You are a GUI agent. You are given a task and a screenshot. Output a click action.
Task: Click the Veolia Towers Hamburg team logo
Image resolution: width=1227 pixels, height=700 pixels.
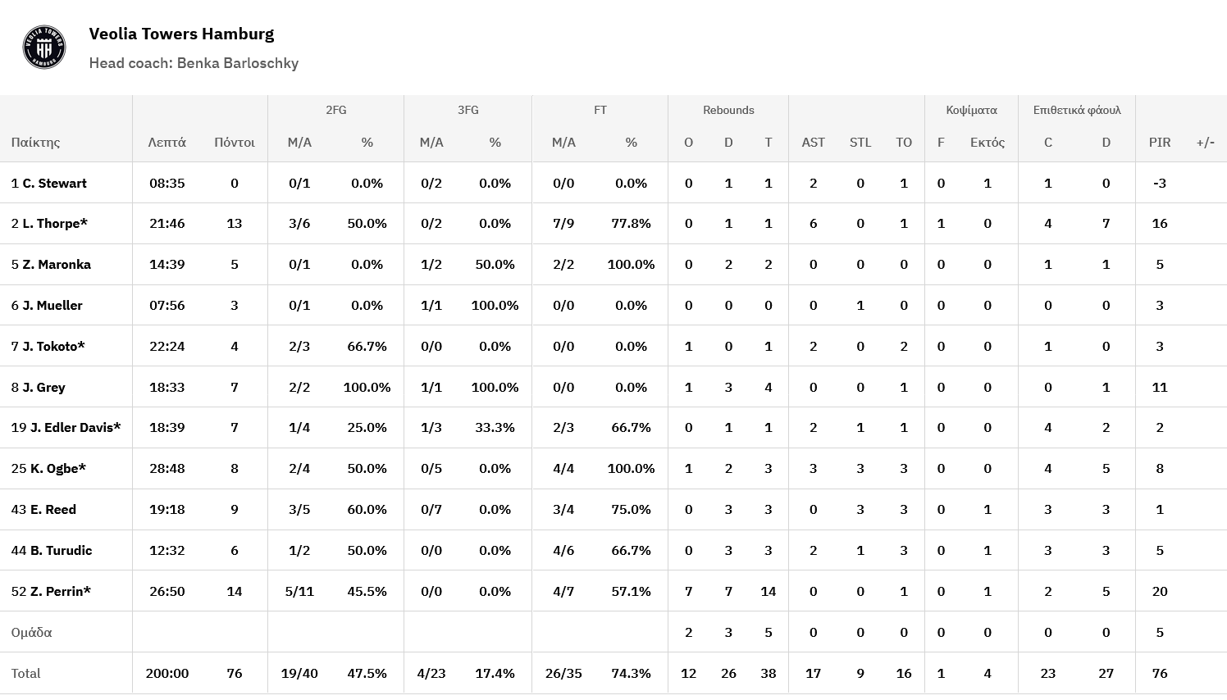43,48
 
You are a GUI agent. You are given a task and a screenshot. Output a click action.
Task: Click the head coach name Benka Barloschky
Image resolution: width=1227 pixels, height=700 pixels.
237,63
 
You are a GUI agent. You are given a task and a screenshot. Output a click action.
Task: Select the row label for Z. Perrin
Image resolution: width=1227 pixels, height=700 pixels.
51,591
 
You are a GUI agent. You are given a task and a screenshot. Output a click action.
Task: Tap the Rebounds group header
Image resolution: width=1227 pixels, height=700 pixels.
728,110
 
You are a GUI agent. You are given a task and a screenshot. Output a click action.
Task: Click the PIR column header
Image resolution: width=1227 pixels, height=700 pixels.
1159,142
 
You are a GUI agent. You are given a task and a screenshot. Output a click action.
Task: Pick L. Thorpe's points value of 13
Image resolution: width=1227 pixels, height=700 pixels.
235,223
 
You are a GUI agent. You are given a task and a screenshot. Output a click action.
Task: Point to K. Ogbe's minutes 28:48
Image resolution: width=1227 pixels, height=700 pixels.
167,468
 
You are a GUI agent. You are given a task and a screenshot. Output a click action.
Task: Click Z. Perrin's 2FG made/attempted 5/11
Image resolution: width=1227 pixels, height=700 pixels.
299,591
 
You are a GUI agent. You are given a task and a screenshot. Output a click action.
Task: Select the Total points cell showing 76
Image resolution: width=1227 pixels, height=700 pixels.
235,673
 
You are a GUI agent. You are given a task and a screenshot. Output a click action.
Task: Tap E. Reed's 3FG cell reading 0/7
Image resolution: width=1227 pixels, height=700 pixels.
431,509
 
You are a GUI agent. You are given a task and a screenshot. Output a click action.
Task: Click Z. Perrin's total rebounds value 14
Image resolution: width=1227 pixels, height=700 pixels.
768,591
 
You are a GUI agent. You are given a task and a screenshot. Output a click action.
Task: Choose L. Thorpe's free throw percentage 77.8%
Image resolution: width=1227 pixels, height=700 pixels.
631,223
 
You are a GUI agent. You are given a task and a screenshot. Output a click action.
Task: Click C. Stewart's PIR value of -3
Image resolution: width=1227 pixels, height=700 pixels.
1159,183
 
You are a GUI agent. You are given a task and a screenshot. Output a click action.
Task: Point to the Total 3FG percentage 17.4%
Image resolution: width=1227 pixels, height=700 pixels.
495,673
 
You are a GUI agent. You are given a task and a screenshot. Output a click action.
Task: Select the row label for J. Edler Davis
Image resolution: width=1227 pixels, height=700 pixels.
66,427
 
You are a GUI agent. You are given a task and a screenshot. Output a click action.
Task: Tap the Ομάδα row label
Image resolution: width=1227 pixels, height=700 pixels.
32,632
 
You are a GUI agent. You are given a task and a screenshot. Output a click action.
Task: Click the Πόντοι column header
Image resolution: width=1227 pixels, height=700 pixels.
235,142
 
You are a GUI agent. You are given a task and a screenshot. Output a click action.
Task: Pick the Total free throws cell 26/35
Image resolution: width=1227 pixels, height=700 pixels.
563,673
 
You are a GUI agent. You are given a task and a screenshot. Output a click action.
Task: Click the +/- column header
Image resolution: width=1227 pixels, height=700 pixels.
1205,142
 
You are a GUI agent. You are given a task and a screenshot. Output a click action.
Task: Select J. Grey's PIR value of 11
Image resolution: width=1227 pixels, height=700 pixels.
1159,387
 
